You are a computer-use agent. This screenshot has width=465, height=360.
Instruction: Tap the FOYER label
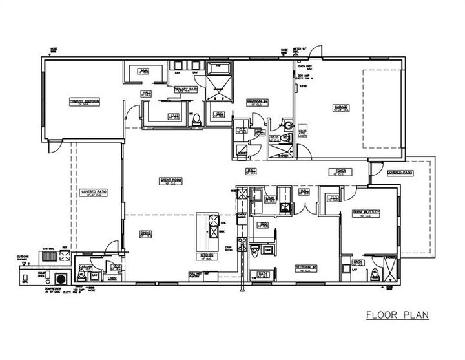[x=340, y=171]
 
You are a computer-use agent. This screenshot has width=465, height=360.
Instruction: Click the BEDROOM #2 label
[x=257, y=101]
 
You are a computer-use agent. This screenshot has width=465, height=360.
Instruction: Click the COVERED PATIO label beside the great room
[x=94, y=192]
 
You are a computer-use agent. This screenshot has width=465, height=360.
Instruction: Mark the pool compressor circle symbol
[x=62, y=279]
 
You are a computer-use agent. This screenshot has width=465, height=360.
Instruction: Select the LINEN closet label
[x=112, y=279]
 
